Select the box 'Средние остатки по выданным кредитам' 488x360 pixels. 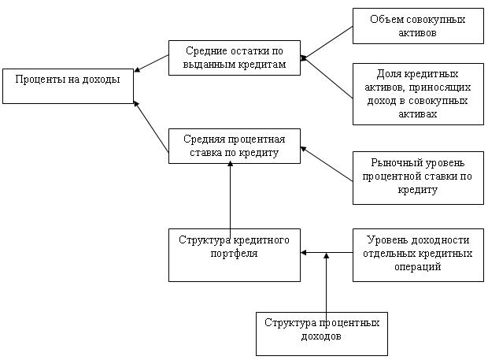tap(235, 57)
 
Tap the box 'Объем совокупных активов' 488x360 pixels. tap(418, 27)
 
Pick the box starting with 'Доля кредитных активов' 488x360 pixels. tap(418, 94)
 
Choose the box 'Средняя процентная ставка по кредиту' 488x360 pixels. tap(235, 146)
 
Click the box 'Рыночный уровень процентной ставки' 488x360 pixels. tap(418, 177)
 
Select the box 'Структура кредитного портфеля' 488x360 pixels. tap(235, 254)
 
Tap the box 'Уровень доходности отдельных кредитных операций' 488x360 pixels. tap(418, 254)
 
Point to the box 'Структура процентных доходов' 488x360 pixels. tap(322, 333)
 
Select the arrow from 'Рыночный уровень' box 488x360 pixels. tap(327, 164)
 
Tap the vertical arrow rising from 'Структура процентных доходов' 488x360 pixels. tap(326, 284)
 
